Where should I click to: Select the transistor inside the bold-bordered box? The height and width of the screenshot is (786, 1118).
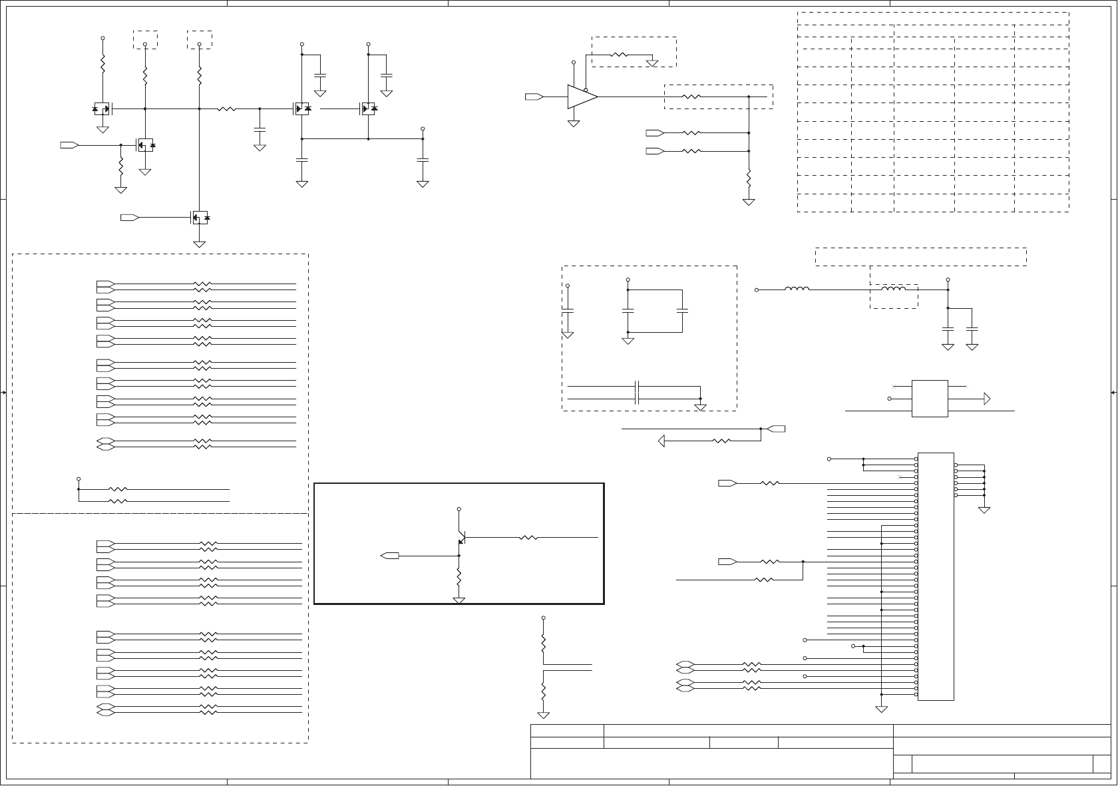(461, 537)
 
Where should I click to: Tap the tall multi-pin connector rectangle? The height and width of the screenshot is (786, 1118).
(936, 576)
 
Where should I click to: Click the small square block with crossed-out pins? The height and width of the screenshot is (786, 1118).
(930, 399)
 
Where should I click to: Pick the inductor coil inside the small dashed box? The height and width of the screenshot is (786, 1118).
(894, 289)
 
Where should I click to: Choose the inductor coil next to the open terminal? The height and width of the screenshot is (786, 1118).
(797, 289)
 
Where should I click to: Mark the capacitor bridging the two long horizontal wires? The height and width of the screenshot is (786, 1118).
(637, 392)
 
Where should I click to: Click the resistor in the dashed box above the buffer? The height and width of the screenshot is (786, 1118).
(619, 55)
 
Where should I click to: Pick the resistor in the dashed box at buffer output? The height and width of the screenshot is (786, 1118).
(692, 97)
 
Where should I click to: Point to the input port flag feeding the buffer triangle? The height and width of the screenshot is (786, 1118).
(534, 97)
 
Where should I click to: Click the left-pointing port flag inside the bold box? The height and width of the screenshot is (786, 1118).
(389, 555)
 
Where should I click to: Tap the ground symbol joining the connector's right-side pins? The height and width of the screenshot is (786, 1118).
(984, 510)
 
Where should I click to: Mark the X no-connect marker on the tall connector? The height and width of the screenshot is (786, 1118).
(900, 477)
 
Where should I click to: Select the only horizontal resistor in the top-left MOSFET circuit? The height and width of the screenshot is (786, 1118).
(227, 108)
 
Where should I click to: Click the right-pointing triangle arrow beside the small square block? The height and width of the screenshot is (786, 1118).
(987, 399)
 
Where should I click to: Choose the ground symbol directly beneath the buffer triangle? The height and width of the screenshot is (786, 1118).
(573, 124)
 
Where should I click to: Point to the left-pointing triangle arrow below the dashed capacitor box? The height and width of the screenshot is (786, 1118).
(661, 441)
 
